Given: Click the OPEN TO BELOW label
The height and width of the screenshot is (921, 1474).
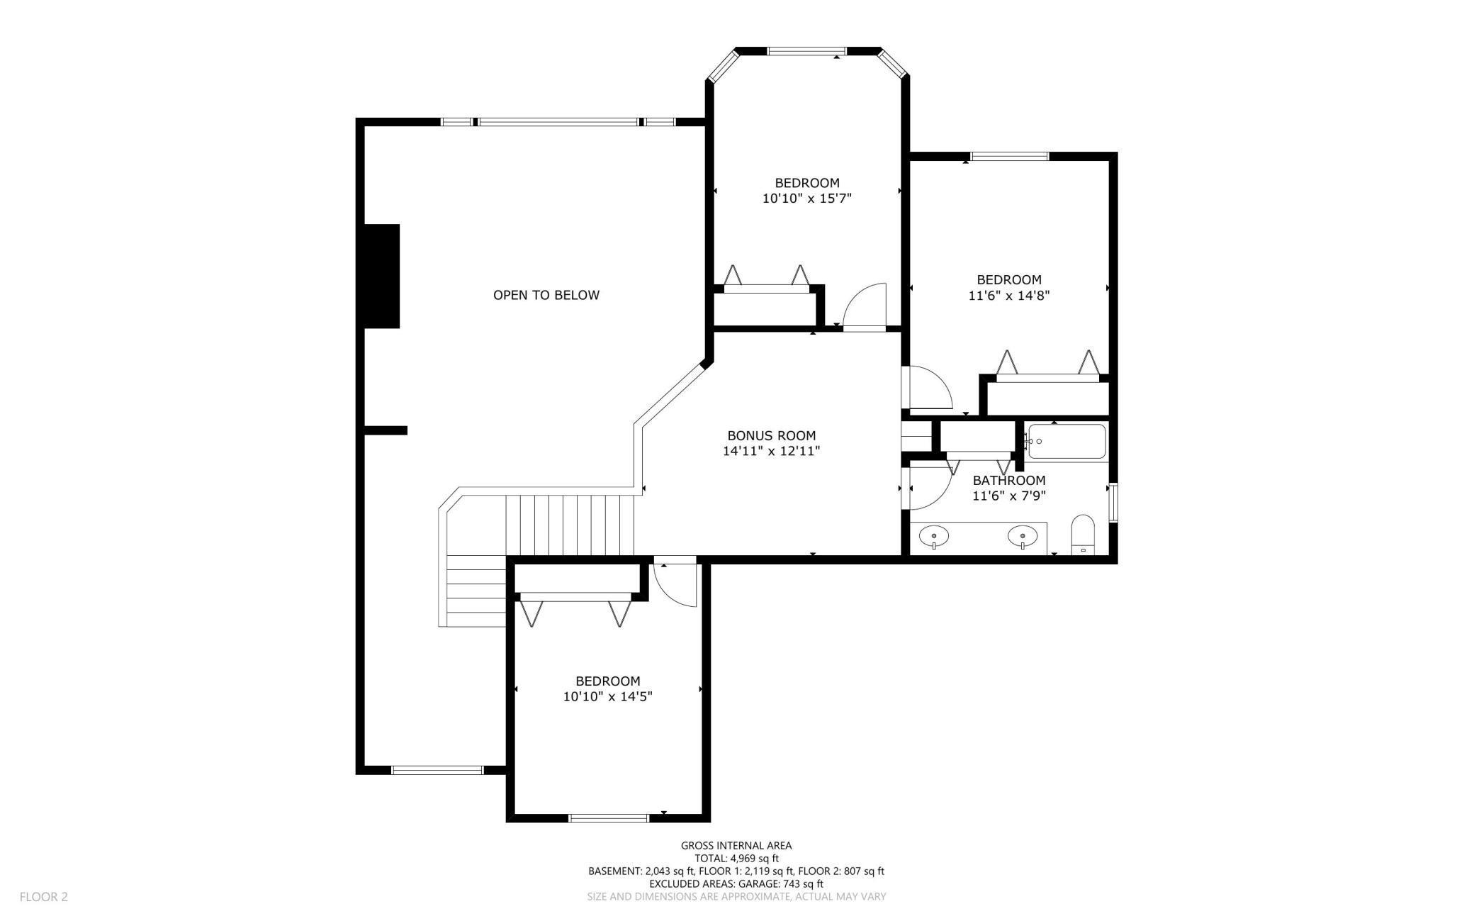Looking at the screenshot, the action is [546, 295].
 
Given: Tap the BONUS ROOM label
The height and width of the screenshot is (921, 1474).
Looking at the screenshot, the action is [771, 435].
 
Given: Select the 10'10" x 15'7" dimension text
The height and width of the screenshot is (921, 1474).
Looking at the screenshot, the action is [806, 199].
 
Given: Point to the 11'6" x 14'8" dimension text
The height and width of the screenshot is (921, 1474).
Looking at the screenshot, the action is [1008, 295].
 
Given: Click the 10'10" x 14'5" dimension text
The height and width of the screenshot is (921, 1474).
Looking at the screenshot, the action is [607, 696].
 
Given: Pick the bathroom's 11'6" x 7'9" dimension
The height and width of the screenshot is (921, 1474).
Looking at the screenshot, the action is [1008, 496].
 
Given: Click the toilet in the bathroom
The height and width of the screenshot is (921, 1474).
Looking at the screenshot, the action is [1083, 535].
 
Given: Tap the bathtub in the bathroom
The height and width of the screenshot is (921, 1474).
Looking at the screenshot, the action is [1067, 441].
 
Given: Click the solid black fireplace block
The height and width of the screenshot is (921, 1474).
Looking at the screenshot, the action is [382, 276].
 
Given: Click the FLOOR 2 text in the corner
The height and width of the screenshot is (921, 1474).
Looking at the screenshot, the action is [44, 897].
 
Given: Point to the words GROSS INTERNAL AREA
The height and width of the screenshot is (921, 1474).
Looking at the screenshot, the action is [736, 845].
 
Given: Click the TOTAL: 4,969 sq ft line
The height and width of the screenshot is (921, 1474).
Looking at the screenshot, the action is [736, 858].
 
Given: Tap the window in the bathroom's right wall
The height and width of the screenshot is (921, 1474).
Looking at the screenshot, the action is [1113, 503].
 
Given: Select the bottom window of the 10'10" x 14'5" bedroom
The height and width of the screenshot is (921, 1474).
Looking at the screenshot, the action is [609, 818].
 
